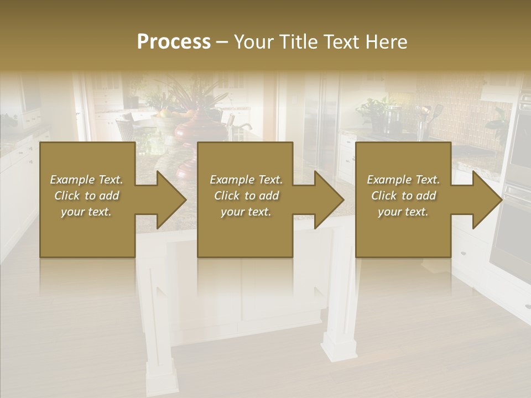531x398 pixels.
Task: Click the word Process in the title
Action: [174, 42]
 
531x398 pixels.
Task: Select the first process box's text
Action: [87, 196]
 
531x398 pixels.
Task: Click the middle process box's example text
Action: [246, 196]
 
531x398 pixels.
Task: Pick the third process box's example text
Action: [403, 196]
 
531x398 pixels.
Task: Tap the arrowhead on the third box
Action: [485, 200]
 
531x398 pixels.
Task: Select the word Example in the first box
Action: [72, 180]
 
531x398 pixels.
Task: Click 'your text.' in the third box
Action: [403, 212]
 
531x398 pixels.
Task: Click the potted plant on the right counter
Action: [376, 111]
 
